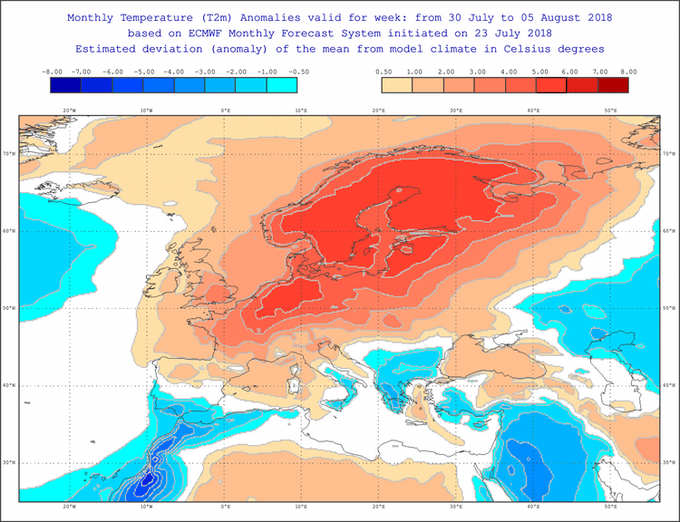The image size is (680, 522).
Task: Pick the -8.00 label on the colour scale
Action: [x=52, y=71]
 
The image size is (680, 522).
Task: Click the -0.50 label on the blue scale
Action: [x=297, y=71]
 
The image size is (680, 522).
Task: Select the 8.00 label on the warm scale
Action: [x=627, y=71]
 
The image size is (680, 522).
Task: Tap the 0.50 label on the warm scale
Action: [x=383, y=71]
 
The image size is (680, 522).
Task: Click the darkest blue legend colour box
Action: [x=66, y=85]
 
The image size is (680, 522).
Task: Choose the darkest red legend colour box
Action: [x=612, y=85]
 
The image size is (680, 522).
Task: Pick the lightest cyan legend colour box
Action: [x=282, y=85]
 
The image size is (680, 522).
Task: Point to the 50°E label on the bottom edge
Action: [x=611, y=507]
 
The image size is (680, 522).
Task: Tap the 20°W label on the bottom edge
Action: [x=69, y=507]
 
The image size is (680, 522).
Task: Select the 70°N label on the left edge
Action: [x=10, y=154]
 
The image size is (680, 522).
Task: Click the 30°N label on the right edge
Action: [x=669, y=463]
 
